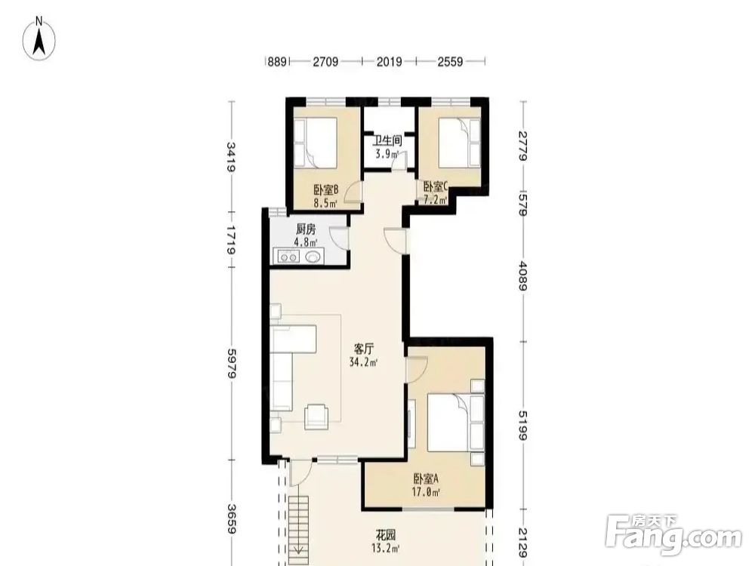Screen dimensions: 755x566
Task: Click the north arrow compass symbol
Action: [x=39, y=38]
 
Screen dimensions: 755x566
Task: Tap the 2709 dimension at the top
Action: [x=325, y=62]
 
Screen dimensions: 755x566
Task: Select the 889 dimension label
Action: [x=277, y=62]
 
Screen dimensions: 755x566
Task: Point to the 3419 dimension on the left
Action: [x=232, y=157]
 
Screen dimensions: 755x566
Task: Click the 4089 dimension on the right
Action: [x=523, y=275]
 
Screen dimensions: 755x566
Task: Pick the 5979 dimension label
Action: [x=232, y=363]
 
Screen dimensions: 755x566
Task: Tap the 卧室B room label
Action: [x=325, y=189]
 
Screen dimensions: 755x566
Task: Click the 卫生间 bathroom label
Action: [x=388, y=140]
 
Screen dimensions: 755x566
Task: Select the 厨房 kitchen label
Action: [x=306, y=229]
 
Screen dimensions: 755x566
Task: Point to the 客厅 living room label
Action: [x=364, y=348]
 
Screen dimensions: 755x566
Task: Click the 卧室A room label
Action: [x=426, y=478]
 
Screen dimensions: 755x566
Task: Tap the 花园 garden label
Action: [x=386, y=535]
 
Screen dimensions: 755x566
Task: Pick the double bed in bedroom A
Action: [x=455, y=423]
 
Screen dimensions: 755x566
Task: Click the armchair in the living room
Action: [x=316, y=417]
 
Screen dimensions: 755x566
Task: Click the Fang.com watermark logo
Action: [x=673, y=534]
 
